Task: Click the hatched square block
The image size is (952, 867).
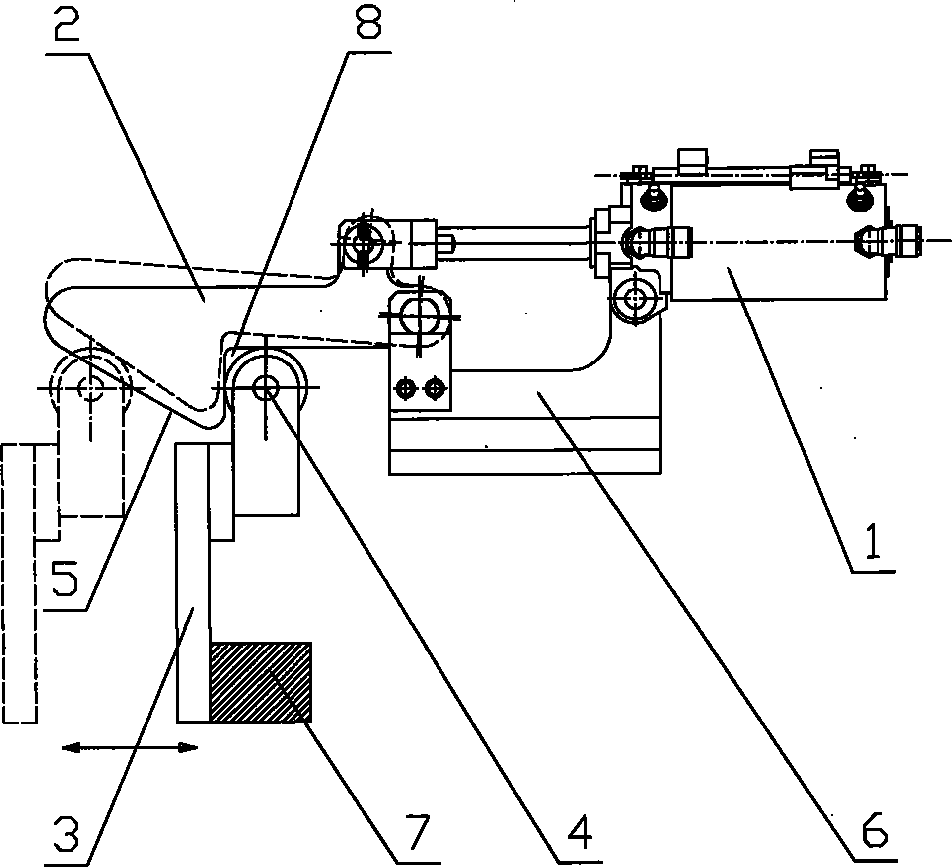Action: [x=261, y=682]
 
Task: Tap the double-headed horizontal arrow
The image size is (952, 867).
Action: [x=129, y=747]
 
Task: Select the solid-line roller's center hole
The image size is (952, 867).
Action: [x=266, y=387]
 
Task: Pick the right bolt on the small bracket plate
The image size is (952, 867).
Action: [x=435, y=389]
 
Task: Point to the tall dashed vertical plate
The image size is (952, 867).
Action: [x=19, y=583]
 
